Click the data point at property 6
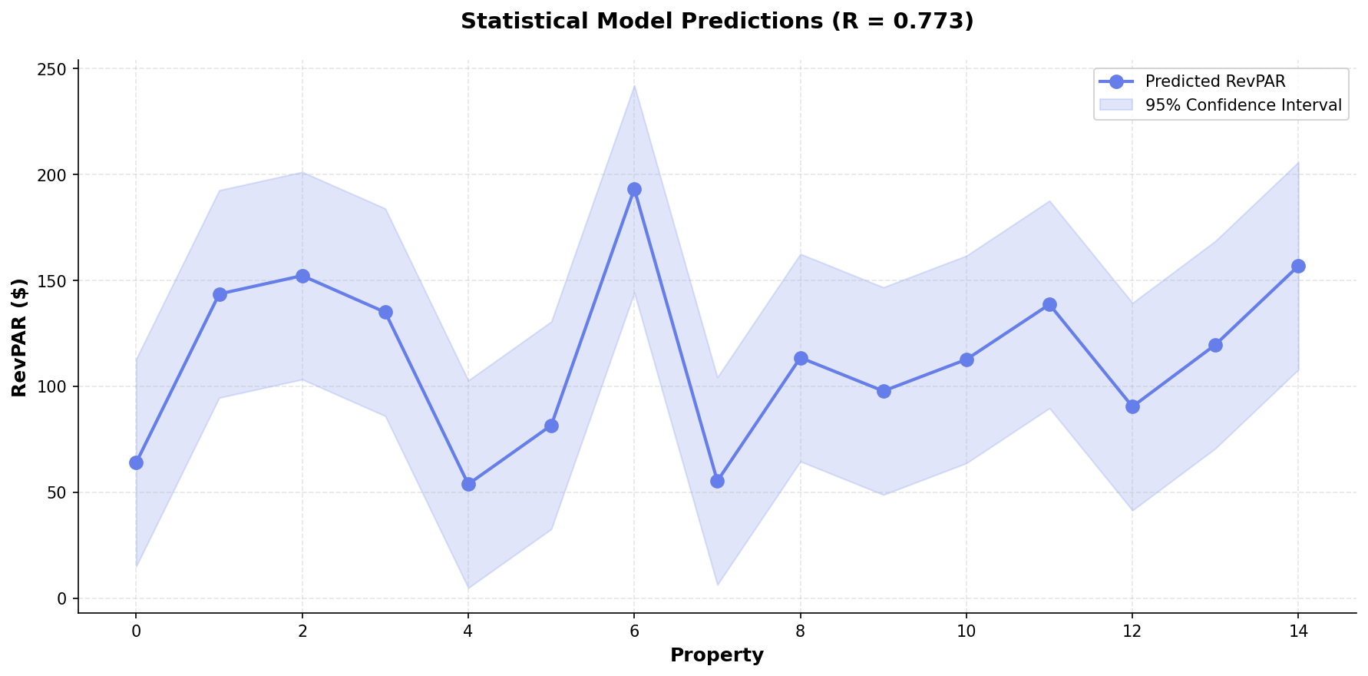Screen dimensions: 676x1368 634,190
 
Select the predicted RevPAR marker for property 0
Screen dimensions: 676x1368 136,462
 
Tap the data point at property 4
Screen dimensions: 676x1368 468,484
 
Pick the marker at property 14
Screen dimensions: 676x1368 1298,267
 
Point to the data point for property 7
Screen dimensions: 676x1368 717,481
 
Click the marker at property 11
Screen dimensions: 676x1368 1049,305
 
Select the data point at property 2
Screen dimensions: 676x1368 302,276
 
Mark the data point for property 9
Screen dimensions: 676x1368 884,391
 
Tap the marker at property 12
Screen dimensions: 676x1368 1132,406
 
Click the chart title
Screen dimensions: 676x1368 717,22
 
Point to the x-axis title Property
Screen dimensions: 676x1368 717,655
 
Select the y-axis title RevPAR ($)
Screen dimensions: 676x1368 20,337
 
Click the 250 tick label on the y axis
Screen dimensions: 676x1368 55,69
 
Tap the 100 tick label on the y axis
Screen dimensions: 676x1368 55,386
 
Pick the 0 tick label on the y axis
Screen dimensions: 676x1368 64,598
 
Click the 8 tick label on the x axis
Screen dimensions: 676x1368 801,631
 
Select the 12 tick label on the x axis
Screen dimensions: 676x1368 1132,631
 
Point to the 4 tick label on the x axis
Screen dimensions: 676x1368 468,631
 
